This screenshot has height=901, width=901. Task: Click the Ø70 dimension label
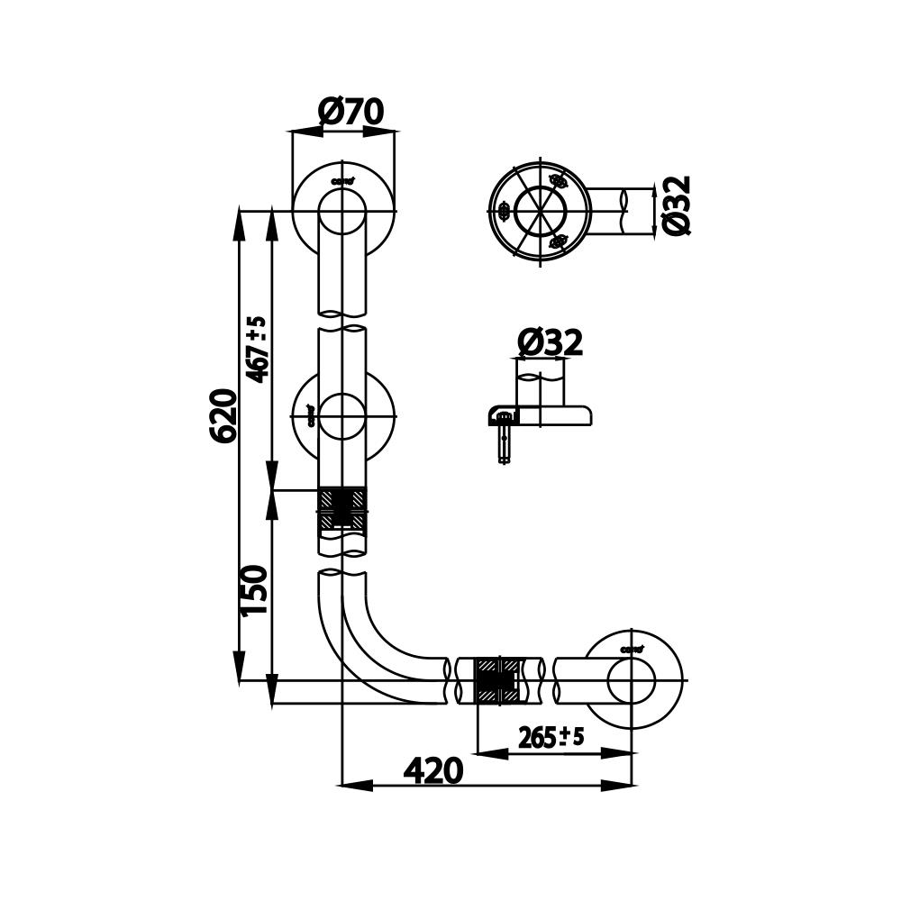[x=351, y=113]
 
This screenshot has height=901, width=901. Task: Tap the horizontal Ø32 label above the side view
[x=551, y=343]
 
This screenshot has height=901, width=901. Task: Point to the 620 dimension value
[x=224, y=415]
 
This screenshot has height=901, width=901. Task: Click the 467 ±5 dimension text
[x=258, y=350]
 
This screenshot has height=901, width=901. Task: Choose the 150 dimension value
[x=256, y=589]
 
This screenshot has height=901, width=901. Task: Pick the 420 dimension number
[x=433, y=771]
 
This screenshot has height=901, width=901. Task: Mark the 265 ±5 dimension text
[x=551, y=738]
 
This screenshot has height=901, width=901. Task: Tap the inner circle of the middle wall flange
[x=342, y=416]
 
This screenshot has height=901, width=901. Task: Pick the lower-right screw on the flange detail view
[x=559, y=240]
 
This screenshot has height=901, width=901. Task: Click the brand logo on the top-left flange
[x=342, y=180]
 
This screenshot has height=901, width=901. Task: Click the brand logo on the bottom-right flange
[x=631, y=649]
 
